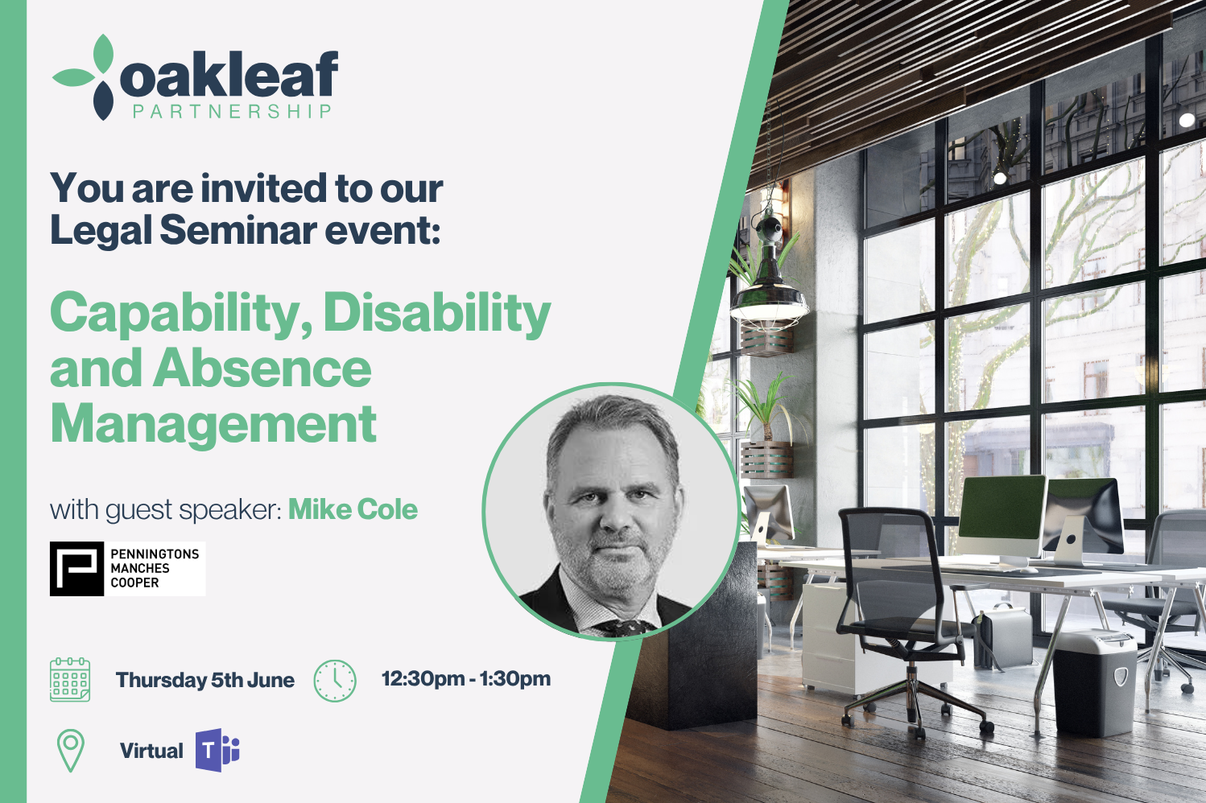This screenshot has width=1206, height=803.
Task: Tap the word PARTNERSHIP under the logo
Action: (x=232, y=111)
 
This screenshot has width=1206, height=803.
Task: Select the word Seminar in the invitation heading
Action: (x=238, y=229)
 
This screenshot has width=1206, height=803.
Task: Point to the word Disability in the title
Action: (x=436, y=314)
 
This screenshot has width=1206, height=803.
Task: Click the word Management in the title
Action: (x=213, y=425)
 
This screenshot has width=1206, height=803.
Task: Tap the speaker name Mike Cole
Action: (x=353, y=509)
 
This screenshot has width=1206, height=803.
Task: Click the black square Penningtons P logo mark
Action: (x=76, y=569)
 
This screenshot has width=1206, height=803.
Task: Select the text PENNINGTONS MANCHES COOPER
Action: (x=155, y=568)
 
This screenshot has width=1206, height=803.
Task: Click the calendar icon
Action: (x=70, y=680)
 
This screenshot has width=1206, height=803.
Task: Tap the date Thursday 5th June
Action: (x=205, y=680)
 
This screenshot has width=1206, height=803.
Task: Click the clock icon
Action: (x=335, y=681)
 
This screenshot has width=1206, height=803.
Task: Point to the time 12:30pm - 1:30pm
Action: (x=466, y=678)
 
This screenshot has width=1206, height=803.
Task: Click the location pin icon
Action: (x=71, y=750)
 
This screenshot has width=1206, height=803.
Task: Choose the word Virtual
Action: (x=151, y=751)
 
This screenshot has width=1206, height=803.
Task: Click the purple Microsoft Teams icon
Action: (x=217, y=750)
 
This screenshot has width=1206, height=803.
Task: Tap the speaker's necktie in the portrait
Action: (x=625, y=628)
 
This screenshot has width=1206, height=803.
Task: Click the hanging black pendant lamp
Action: (x=770, y=280)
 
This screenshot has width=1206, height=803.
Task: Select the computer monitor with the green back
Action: (x=1002, y=517)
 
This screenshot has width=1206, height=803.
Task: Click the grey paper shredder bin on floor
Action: (x=1095, y=684)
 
